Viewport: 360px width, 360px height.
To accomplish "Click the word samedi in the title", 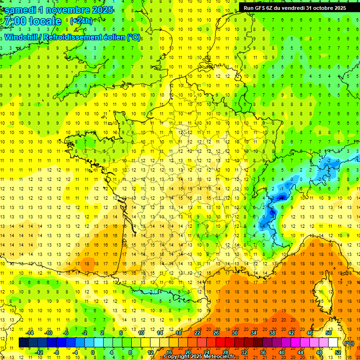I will point(21,10).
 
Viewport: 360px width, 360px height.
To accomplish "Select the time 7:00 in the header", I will point(15,21).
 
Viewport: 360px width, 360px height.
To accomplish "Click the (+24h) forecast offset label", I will point(81,21).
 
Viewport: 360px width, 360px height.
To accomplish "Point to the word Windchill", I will point(22,37).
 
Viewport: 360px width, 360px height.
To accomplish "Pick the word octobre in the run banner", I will point(322,8).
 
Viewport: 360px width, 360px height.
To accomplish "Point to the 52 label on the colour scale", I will point(338,352).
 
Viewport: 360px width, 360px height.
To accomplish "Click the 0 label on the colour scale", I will point(93,352).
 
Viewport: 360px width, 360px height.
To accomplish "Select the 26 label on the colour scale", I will point(216,333).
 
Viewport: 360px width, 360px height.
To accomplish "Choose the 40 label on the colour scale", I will point(282,352).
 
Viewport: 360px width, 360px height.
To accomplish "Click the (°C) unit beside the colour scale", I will point(349,343).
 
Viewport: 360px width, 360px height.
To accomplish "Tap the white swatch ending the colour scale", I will point(333,343).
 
